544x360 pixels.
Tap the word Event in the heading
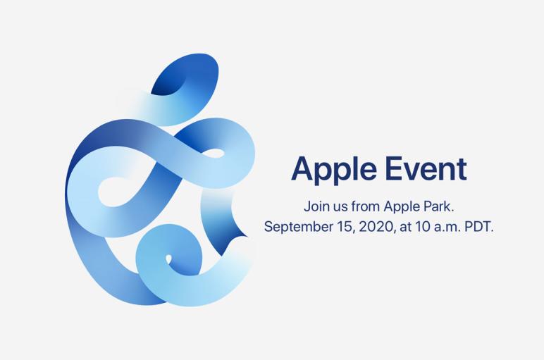pos(426,168)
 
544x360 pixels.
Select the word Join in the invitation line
pos(314,206)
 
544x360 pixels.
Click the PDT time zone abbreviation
pos(478,227)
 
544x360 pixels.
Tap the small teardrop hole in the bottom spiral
pos(168,259)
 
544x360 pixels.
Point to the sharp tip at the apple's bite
pos(248,237)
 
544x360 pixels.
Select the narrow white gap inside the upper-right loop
pos(214,153)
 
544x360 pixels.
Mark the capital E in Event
pos(395,169)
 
